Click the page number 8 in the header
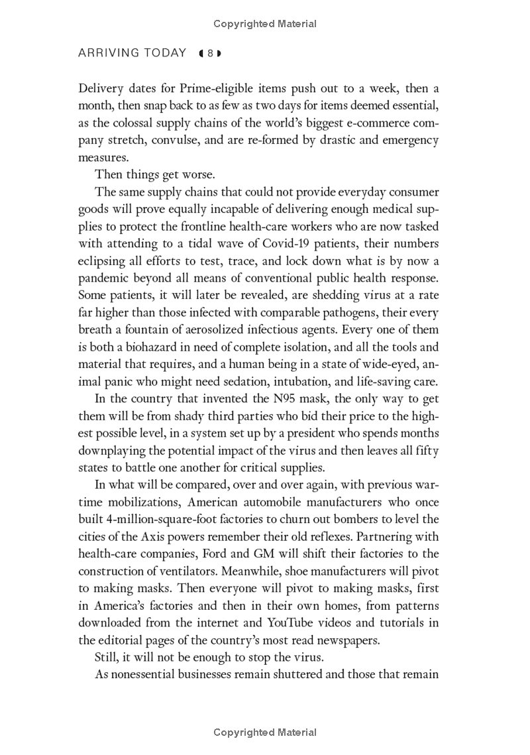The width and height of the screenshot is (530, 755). [210, 54]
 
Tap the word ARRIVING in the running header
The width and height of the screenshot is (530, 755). [108, 54]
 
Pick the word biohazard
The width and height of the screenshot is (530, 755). [167, 347]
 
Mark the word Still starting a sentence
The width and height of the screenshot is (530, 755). [107, 658]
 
